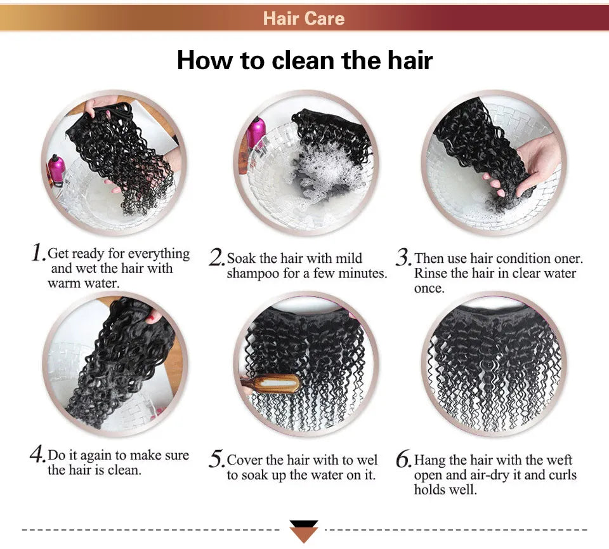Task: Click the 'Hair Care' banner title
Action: [x=304, y=18]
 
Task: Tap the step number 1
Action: [x=38, y=253]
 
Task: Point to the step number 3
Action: [x=404, y=257]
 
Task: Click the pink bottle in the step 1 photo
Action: [x=56, y=170]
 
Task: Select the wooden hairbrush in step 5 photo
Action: [x=272, y=384]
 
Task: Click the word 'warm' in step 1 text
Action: [x=65, y=283]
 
